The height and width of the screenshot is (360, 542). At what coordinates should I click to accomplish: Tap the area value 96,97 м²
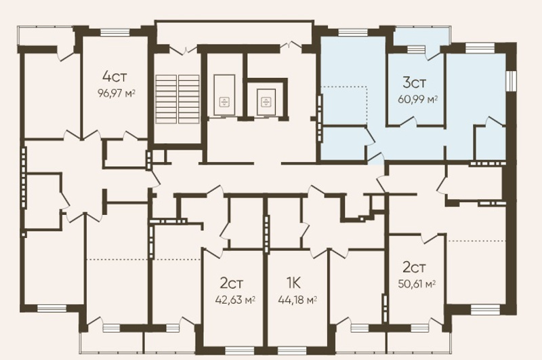pyautogui.click(x=116, y=94)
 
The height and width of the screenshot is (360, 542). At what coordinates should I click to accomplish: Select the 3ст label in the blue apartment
pyautogui.click(x=415, y=83)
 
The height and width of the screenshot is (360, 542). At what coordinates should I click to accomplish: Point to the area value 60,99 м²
pyautogui.click(x=418, y=100)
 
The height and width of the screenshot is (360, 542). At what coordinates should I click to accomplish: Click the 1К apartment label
pyautogui.click(x=293, y=283)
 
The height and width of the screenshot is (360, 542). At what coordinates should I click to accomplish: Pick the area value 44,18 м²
pyautogui.click(x=297, y=300)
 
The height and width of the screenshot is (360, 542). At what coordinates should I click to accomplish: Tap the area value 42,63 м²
pyautogui.click(x=235, y=300)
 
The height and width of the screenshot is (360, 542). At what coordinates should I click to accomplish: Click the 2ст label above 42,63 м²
pyautogui.click(x=232, y=283)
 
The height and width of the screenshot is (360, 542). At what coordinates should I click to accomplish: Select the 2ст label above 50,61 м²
pyautogui.click(x=414, y=267)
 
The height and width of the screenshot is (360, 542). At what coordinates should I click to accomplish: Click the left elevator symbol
pyautogui.click(x=224, y=102)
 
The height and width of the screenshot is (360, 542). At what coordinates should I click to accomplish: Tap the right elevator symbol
pyautogui.click(x=266, y=102)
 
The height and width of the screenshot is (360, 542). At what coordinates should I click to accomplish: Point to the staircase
pyautogui.click(x=178, y=99)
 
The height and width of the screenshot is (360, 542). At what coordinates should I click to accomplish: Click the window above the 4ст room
pyautogui.click(x=114, y=33)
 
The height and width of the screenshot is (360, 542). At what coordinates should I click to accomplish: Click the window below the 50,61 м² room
pyautogui.click(x=419, y=327)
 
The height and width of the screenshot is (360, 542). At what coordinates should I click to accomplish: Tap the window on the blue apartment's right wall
pyautogui.click(x=510, y=81)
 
